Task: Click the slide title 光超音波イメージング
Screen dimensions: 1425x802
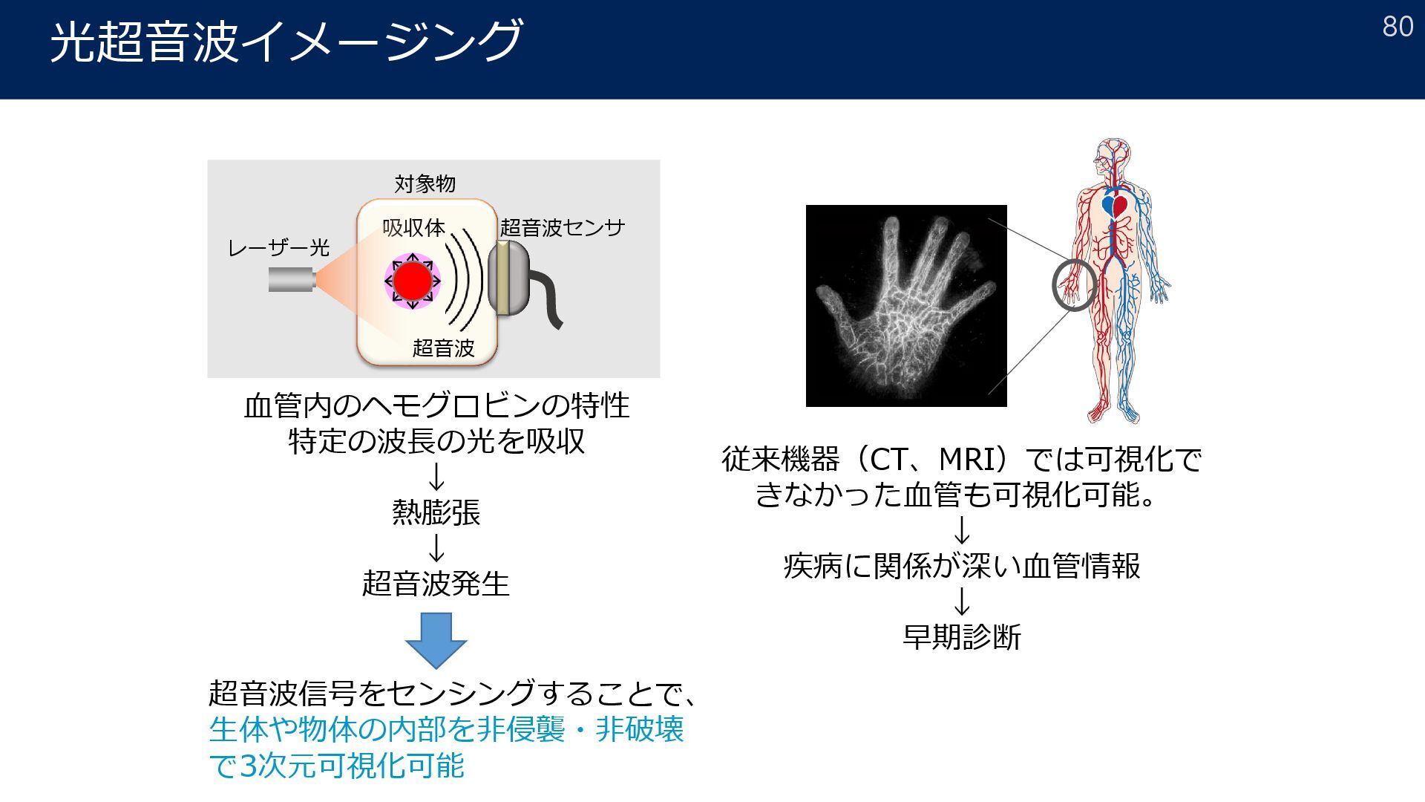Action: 286,41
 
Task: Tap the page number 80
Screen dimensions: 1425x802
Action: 1398,27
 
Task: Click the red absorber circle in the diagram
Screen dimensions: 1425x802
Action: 412,281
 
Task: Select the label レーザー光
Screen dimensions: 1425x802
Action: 278,247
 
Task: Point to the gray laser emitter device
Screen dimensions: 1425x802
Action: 291,280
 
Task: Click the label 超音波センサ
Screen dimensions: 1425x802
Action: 563,227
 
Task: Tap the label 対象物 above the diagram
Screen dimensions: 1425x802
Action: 425,183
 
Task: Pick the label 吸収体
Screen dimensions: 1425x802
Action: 413,227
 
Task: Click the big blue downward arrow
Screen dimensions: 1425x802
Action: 436,639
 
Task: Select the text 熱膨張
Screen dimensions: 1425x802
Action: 436,512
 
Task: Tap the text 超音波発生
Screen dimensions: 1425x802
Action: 436,584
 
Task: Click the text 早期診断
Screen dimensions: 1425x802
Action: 962,637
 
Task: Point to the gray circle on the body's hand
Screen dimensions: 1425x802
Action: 1074,285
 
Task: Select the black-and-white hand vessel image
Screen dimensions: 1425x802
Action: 906,306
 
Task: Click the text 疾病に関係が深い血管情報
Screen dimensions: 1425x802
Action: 962,566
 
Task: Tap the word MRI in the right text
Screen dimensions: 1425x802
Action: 966,460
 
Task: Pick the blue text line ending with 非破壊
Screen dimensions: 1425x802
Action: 446,729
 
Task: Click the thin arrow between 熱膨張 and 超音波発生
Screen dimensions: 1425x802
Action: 436,548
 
